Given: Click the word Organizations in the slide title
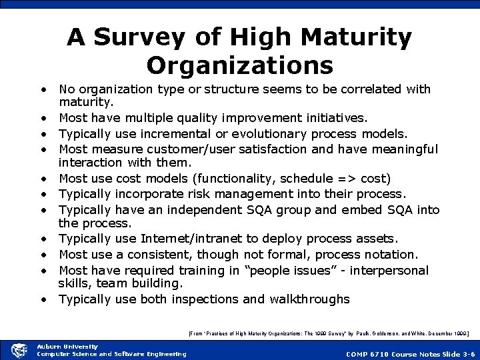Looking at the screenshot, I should coord(239,65).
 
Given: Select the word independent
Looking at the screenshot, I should coord(205,210).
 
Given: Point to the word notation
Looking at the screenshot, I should coord(389,255).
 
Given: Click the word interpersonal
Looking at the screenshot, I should coord(389,271).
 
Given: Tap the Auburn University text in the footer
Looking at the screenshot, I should coord(67,346).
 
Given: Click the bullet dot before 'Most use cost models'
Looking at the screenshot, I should coord(42,178).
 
